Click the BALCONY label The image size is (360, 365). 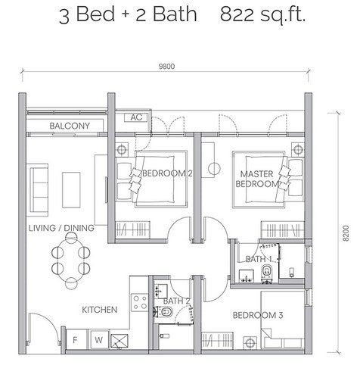click(x=70, y=126)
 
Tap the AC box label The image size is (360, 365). click(x=136, y=117)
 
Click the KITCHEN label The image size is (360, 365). click(x=100, y=310)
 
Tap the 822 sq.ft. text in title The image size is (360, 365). click(x=264, y=15)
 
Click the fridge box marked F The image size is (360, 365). click(x=74, y=340)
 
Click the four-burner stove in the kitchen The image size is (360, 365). click(x=140, y=302)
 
